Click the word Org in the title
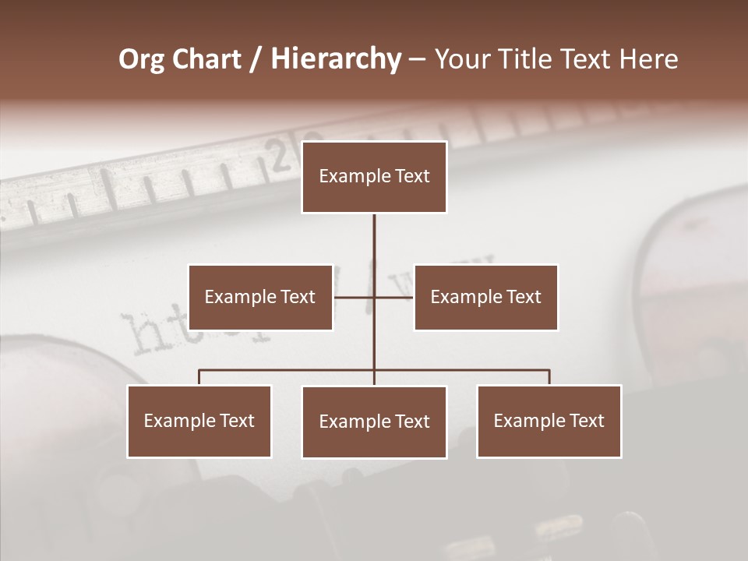point(142,59)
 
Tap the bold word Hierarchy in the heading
point(335,59)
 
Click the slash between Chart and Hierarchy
point(256,59)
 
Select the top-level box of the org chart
point(374,177)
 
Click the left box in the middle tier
point(260,297)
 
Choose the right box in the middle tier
point(485,297)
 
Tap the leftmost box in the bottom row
point(199,421)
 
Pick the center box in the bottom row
point(374,422)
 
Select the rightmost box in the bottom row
point(549,421)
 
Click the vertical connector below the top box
point(374,242)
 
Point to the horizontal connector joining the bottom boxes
point(288,370)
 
